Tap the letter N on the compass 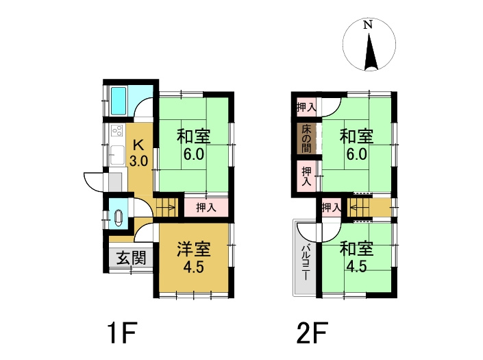point(368,25)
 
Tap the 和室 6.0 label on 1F point(193,145)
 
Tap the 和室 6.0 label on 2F point(357,145)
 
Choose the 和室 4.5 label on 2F point(356,257)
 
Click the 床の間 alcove point(305,139)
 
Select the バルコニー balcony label point(305,259)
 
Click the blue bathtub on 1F point(120,101)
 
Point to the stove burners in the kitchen point(114,132)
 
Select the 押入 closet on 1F point(203,207)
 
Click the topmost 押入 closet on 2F point(306,107)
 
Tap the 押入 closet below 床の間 point(306,176)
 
